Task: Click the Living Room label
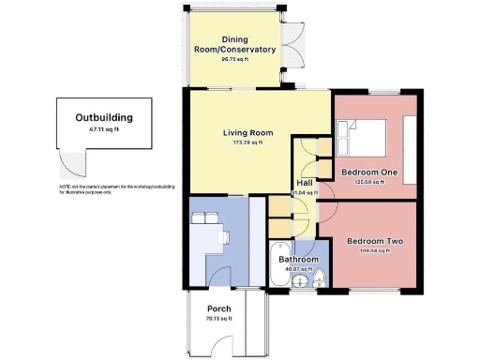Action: click(x=247, y=132)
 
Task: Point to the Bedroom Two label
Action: click(x=375, y=242)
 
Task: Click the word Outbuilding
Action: click(x=103, y=118)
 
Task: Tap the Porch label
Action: click(x=218, y=308)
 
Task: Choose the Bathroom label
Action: click(x=299, y=260)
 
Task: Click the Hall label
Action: click(x=305, y=184)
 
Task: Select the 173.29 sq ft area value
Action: click(x=247, y=143)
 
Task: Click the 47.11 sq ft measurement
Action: click(x=103, y=129)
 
